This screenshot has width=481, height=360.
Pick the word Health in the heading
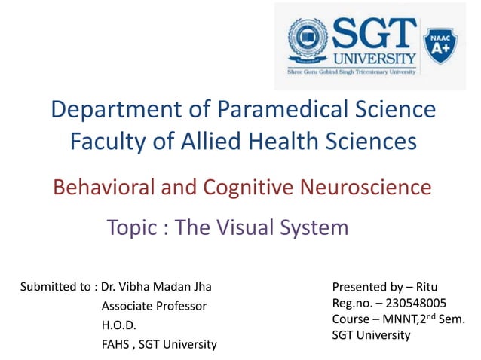[290, 140]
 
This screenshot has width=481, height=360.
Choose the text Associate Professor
[154, 306]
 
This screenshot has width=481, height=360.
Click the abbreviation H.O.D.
[118, 325]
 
